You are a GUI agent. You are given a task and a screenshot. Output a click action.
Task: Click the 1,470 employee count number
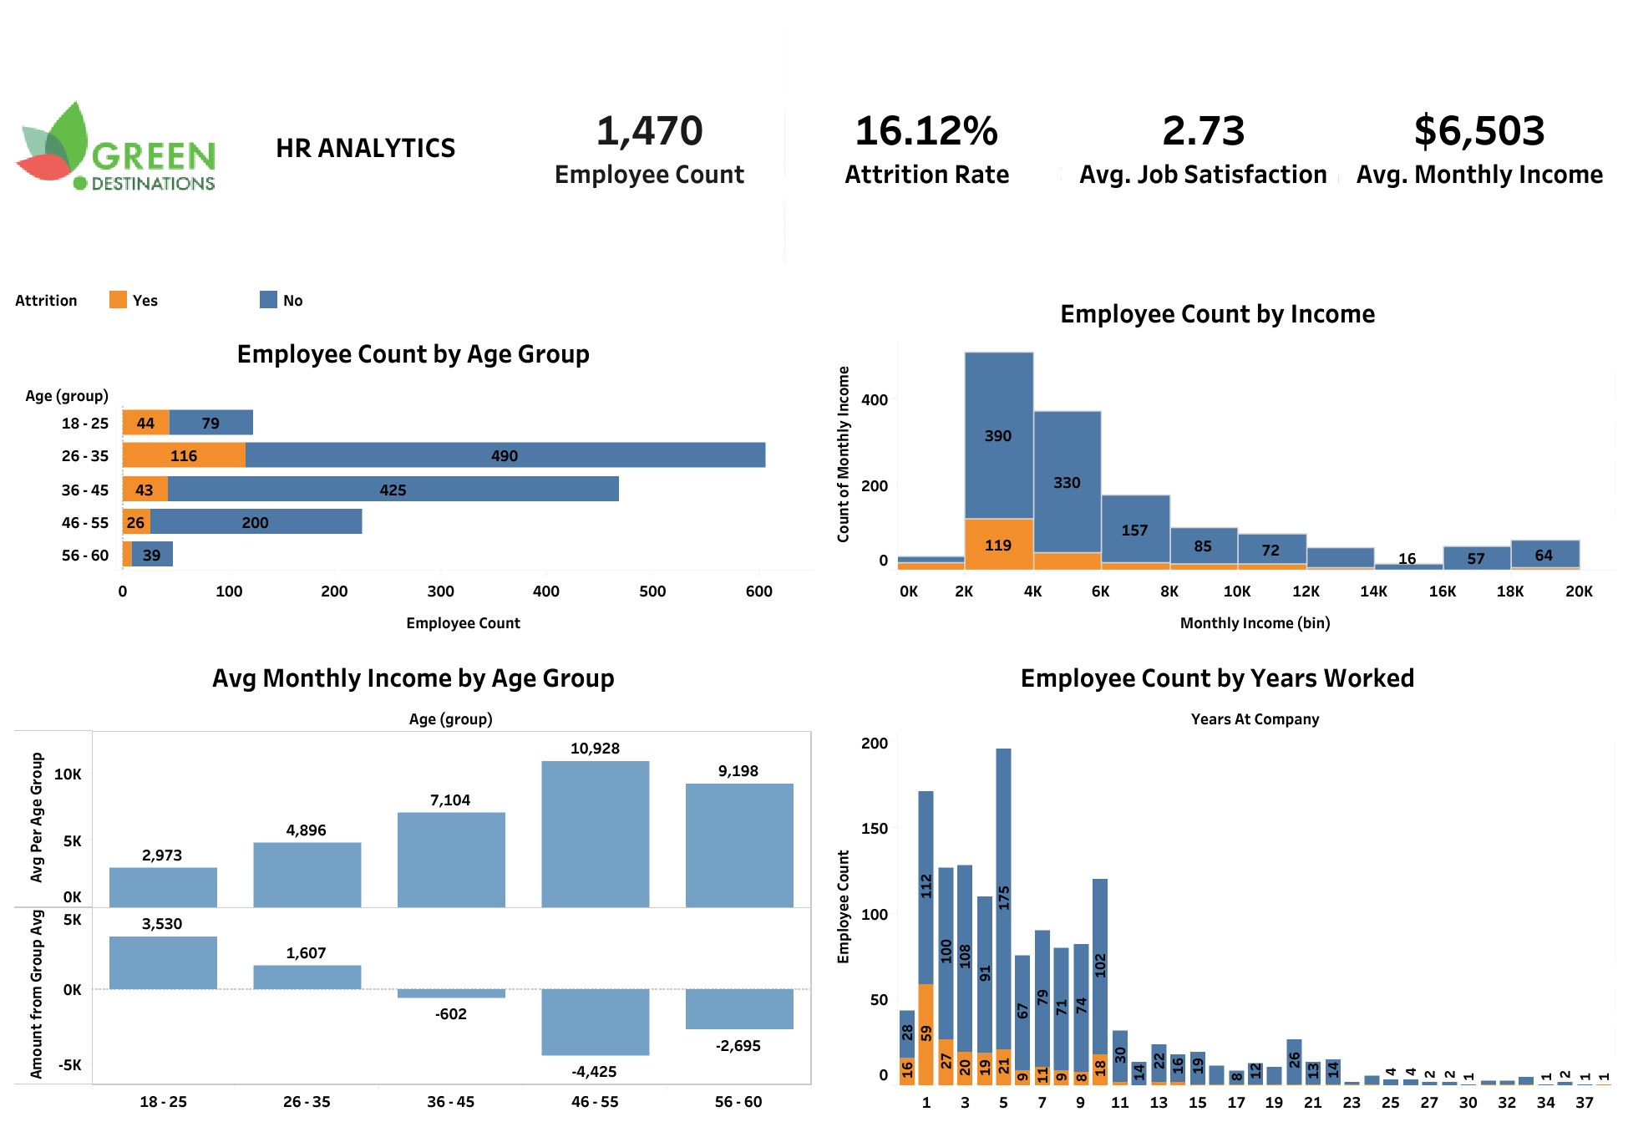click(x=649, y=131)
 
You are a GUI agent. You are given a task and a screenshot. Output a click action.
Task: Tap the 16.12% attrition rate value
click(x=926, y=131)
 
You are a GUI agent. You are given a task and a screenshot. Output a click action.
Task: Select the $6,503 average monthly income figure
click(x=1478, y=131)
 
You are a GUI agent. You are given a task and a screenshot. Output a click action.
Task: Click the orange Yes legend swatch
click(x=118, y=300)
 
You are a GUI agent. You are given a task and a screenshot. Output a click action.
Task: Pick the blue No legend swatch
click(x=268, y=300)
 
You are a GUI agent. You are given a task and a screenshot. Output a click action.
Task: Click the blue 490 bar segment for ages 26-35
click(x=505, y=455)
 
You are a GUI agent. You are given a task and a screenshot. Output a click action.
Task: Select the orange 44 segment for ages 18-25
click(x=145, y=423)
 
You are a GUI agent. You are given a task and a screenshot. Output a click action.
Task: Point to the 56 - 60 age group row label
click(x=84, y=556)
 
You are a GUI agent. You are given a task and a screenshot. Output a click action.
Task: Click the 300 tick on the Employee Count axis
click(x=440, y=591)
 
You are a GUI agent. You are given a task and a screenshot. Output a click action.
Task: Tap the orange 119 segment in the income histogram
click(x=998, y=545)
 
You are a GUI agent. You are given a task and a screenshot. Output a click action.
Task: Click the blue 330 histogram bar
click(x=1067, y=482)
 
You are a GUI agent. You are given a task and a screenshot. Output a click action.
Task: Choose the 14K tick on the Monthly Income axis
click(x=1373, y=591)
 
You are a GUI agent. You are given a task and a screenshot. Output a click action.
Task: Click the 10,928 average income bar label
click(x=595, y=749)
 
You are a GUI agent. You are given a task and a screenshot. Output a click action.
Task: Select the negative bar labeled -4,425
click(x=595, y=1022)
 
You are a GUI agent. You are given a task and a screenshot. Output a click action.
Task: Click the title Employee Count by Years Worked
click(x=1217, y=678)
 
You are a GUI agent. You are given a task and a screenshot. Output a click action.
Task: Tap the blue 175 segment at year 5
click(x=1003, y=898)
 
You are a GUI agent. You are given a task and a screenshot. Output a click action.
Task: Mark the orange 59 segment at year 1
click(x=926, y=1033)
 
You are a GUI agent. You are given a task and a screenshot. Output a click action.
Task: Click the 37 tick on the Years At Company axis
click(x=1585, y=1103)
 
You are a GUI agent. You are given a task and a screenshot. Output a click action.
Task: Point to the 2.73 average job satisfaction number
click(x=1203, y=131)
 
